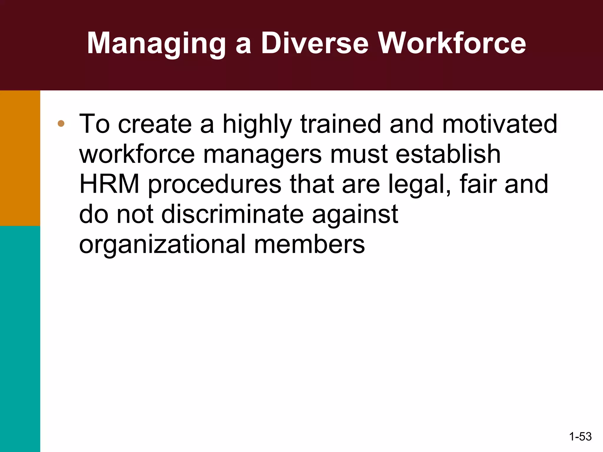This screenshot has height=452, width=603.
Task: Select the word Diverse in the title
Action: [315, 44]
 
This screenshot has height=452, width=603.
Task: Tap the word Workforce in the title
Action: [452, 44]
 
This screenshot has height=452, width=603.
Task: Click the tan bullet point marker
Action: [61, 124]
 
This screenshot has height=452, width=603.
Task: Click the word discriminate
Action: [233, 214]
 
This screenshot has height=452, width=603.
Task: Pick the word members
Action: [309, 244]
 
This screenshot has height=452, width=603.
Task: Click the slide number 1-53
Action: [580, 436]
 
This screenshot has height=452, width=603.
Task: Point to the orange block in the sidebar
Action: [20, 158]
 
